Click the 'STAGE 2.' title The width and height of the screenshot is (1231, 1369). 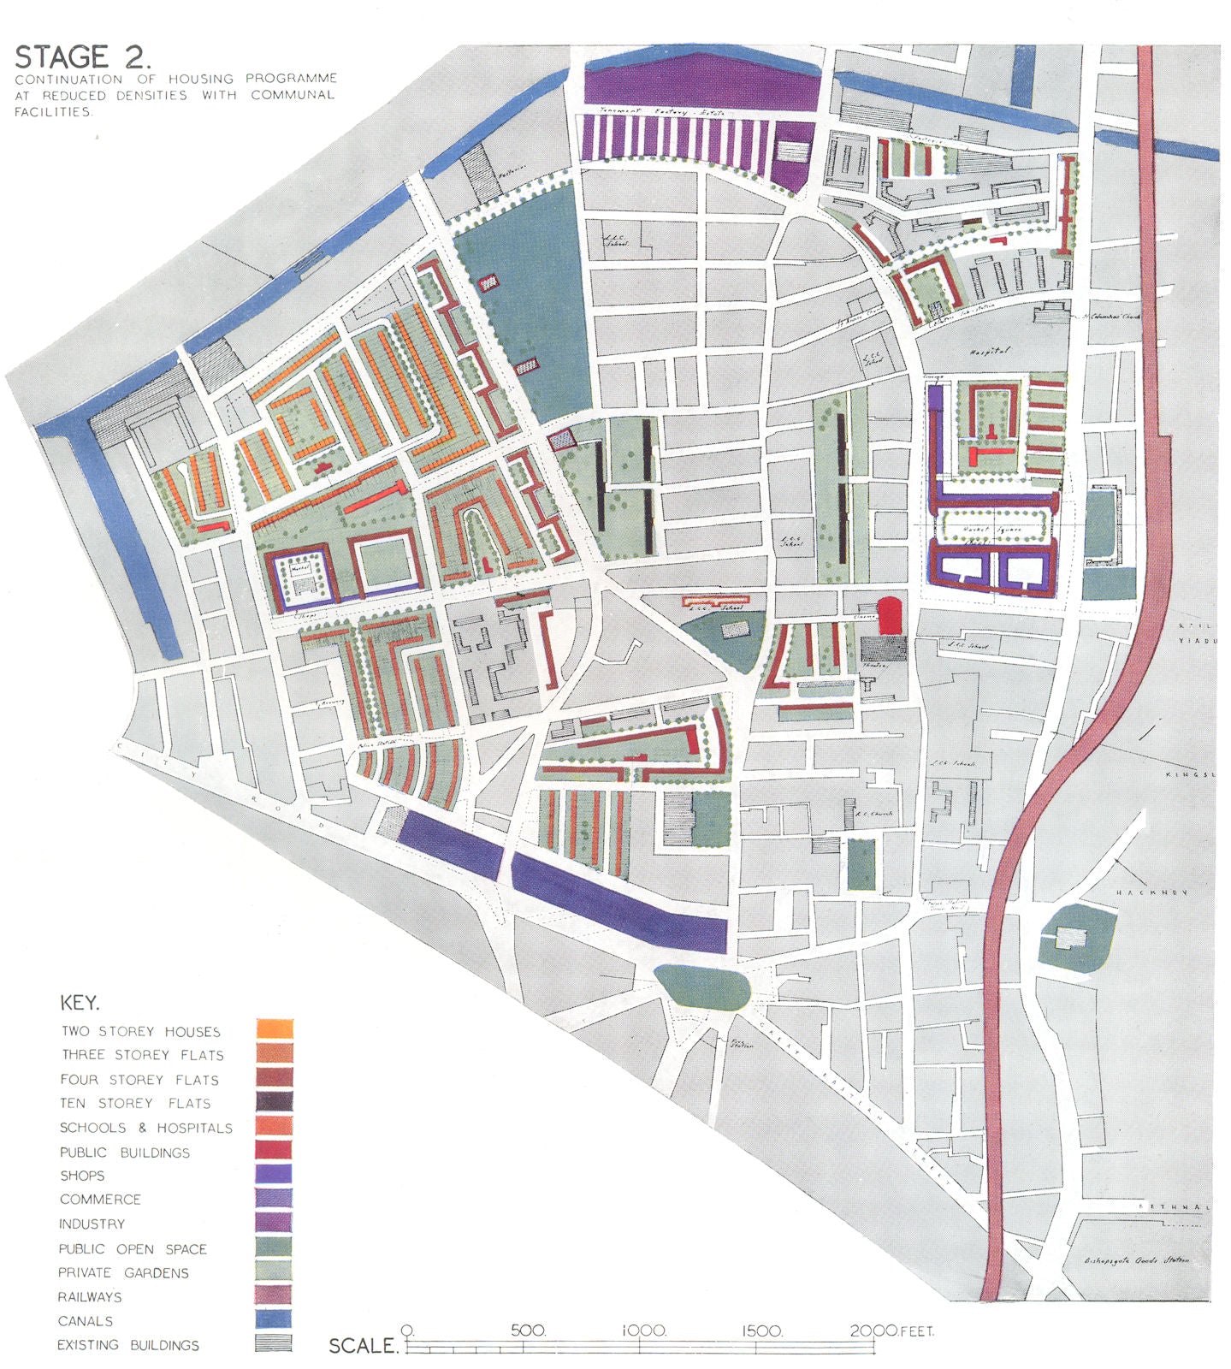pos(83,56)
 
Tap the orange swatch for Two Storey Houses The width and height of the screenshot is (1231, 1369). pos(274,1029)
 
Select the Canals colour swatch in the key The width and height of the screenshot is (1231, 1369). pos(274,1319)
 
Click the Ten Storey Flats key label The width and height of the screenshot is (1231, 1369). pos(135,1104)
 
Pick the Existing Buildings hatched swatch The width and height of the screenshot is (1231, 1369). pos(274,1343)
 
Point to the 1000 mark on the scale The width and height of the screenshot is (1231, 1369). pos(643,1331)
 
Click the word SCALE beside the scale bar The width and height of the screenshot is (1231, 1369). pos(364,1346)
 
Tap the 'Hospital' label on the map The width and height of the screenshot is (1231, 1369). pos(990,352)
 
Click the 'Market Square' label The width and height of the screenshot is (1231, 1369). pos(988,530)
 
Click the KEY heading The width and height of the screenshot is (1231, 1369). pos(80,1003)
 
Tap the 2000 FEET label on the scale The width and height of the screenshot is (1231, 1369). pos(891,1331)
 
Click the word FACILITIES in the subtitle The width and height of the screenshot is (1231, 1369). pos(52,112)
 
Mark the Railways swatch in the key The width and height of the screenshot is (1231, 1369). pos(274,1295)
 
